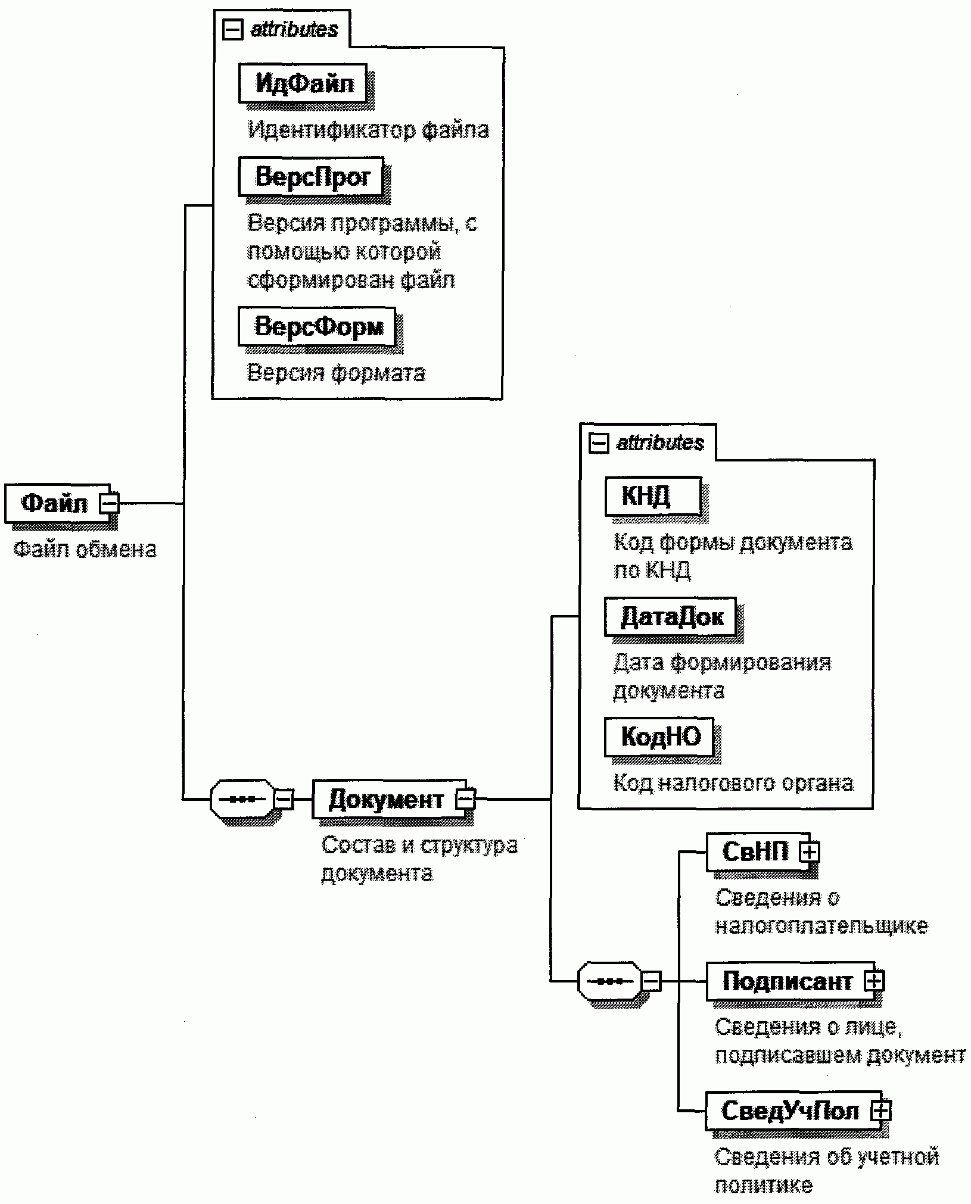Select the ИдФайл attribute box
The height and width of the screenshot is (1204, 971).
[x=303, y=83]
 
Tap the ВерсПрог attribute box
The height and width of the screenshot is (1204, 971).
[x=311, y=176]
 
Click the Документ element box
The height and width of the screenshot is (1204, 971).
[x=386, y=799]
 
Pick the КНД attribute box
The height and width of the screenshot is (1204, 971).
[x=652, y=495]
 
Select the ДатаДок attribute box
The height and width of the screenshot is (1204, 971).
[x=670, y=617]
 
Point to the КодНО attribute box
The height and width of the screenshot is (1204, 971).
[x=659, y=737]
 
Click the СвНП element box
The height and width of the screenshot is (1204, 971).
[x=755, y=851]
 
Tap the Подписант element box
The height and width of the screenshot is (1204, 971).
[x=786, y=981]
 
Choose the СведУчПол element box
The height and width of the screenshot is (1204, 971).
[x=789, y=1111]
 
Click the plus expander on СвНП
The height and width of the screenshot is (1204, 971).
[x=809, y=852]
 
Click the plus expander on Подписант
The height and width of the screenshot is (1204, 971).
[x=874, y=981]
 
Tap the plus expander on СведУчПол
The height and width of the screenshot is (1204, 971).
[x=880, y=1111]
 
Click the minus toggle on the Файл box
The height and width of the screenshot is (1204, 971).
[x=110, y=504]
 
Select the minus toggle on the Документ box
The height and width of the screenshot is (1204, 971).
[x=465, y=799]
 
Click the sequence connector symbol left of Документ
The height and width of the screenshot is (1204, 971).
[x=242, y=799]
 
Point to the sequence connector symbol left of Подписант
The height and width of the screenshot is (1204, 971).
[x=609, y=981]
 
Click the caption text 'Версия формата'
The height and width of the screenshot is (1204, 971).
[x=336, y=373]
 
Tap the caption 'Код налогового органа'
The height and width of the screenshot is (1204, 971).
[x=733, y=782]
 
